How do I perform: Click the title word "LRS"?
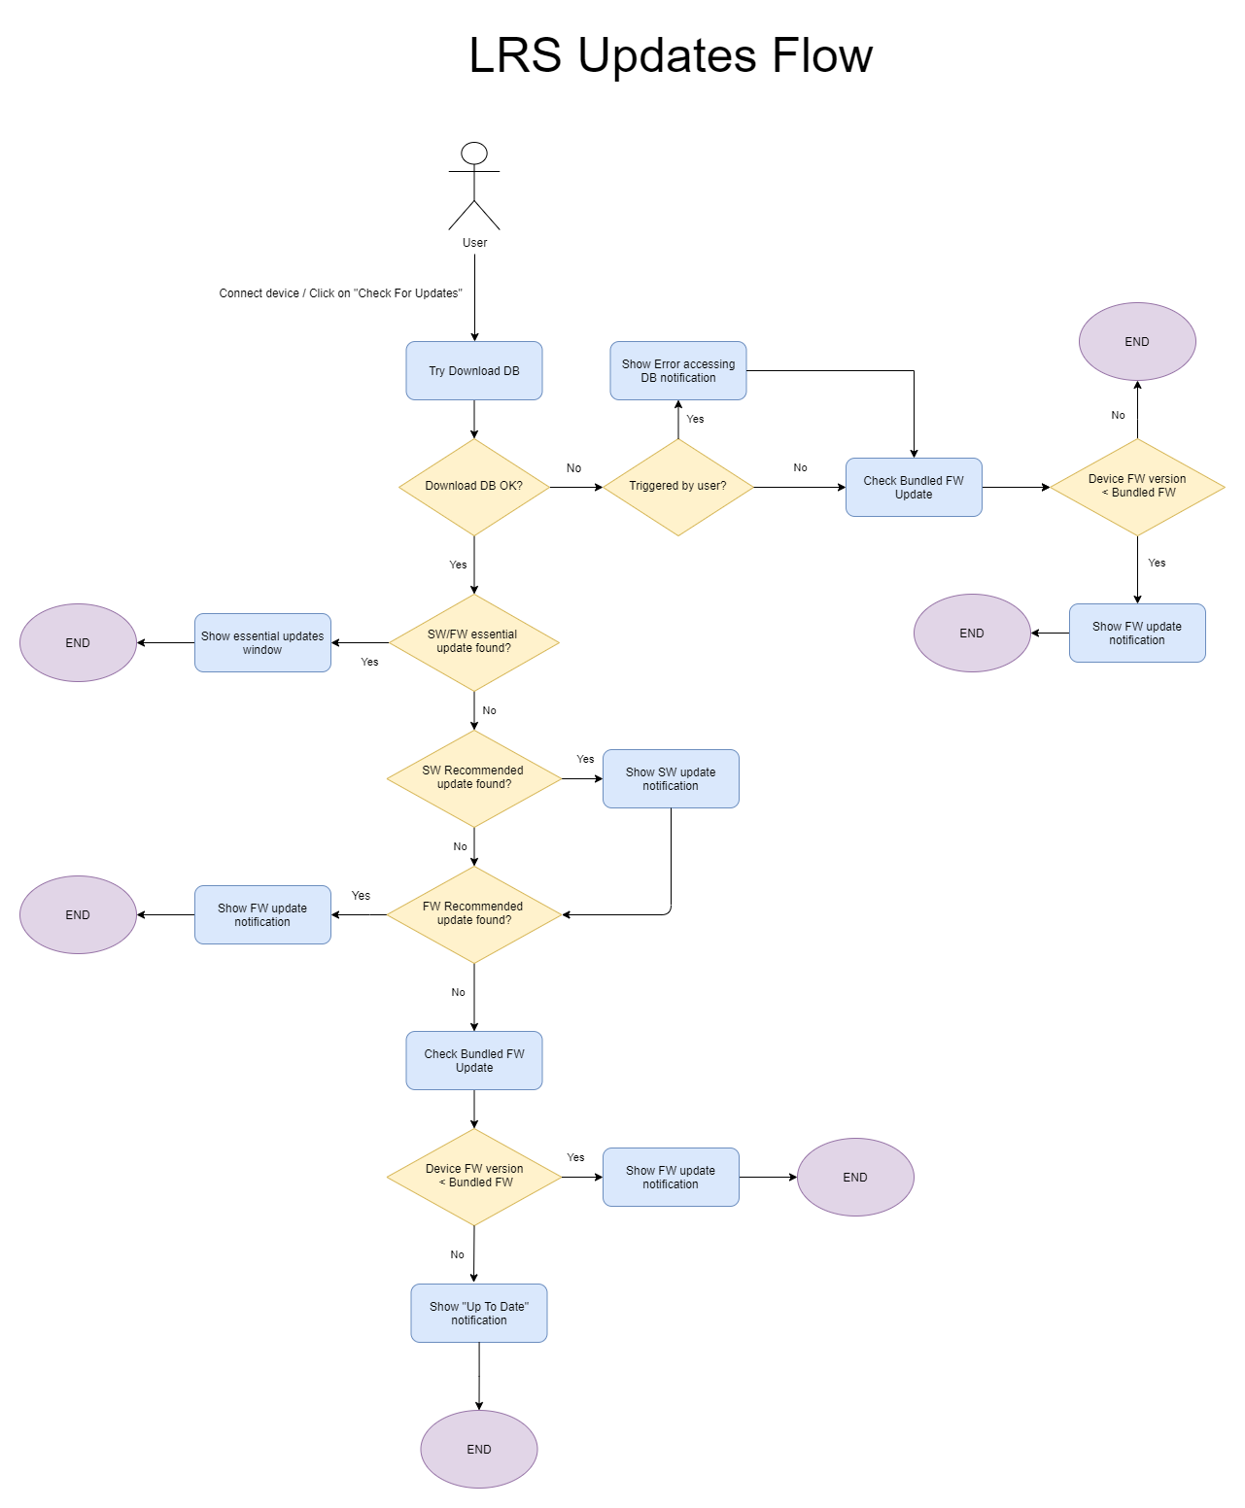[x=515, y=55]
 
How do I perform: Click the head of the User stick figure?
[x=474, y=154]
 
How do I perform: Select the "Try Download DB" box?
[x=474, y=370]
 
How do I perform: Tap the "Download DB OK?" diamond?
[x=474, y=486]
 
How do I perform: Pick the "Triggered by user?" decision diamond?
[x=677, y=486]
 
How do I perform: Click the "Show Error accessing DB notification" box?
[x=678, y=370]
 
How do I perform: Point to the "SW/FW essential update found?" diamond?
[x=473, y=641]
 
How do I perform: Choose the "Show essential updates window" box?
[x=262, y=642]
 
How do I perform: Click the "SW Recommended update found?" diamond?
[x=473, y=777]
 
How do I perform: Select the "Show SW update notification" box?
[x=671, y=778]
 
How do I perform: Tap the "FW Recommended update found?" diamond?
[x=473, y=913]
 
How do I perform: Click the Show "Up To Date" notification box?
[x=479, y=1313]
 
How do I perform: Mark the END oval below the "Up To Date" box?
[x=479, y=1449]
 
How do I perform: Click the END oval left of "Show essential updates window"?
[x=78, y=642]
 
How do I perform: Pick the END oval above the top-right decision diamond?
[x=1137, y=341]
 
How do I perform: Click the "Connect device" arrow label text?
[x=340, y=293]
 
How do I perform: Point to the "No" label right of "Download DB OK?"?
[x=574, y=468]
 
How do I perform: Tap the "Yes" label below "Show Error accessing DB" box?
[x=695, y=419]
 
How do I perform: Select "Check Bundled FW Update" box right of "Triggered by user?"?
[x=914, y=487]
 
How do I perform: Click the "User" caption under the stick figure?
[x=474, y=243]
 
